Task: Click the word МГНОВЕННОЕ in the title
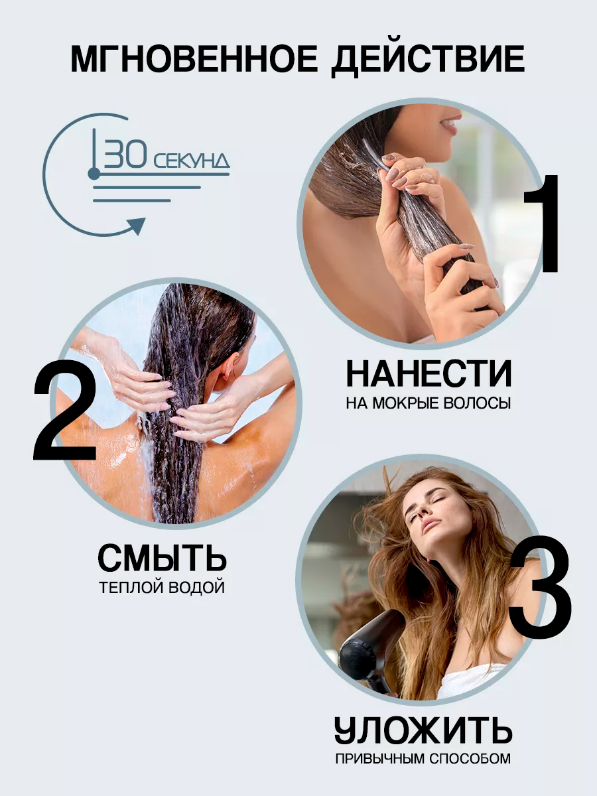click(194, 60)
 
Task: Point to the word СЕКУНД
click(192, 161)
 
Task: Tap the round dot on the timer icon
click(94, 174)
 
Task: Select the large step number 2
click(66, 410)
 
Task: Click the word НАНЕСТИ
click(429, 374)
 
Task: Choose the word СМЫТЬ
click(162, 558)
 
